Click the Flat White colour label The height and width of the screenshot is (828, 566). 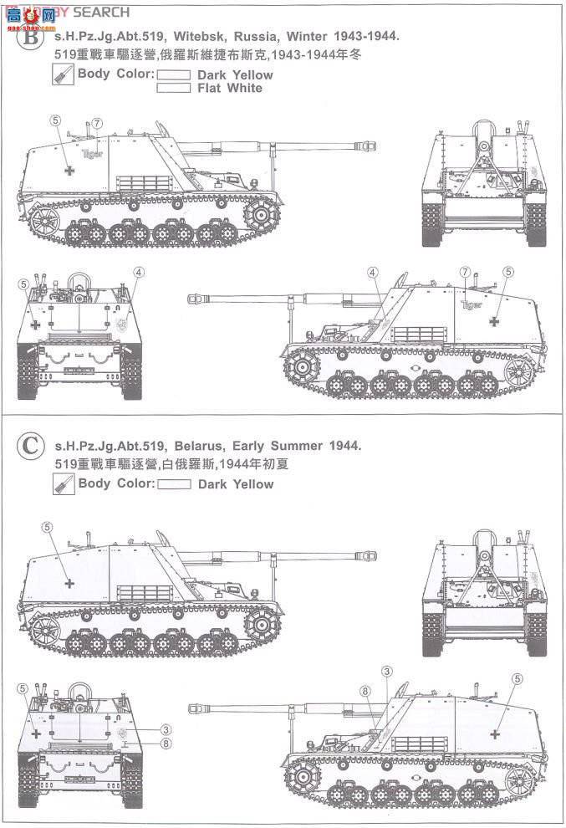[230, 88]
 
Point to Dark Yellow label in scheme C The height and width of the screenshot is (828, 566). [236, 484]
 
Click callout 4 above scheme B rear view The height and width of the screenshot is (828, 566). [139, 272]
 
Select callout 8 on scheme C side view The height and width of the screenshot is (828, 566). [365, 691]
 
